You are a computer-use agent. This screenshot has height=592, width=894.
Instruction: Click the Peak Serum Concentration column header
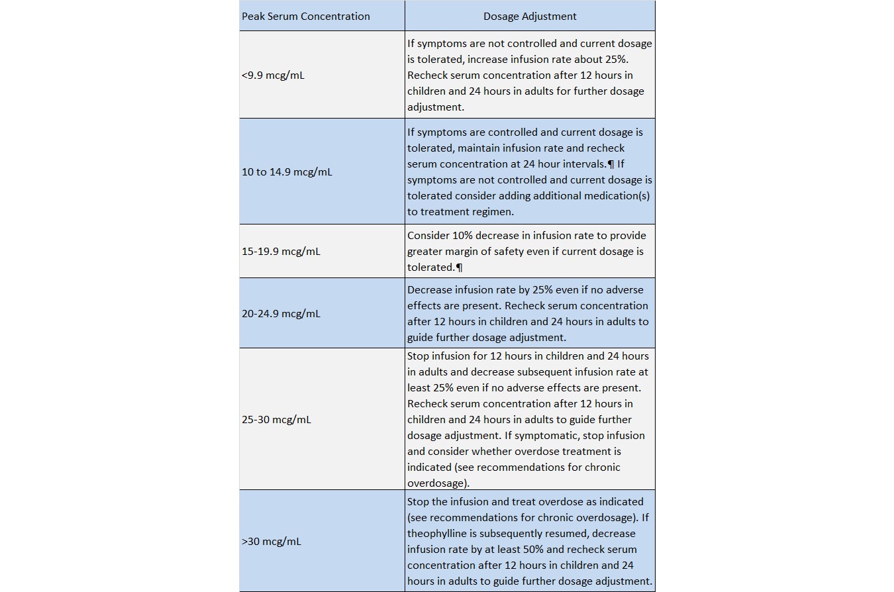pos(305,17)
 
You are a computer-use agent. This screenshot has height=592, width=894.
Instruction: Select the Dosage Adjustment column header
pos(530,17)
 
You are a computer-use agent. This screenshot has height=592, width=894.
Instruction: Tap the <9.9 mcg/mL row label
pos(273,75)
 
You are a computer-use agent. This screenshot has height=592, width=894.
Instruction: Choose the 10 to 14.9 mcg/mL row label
pos(287,172)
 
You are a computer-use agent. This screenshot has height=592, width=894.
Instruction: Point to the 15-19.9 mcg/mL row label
pos(281,252)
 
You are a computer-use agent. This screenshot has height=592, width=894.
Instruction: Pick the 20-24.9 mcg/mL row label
pos(281,314)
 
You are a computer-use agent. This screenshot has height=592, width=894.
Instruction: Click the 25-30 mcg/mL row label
pos(276,420)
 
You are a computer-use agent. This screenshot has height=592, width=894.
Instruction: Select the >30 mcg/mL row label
pos(271,542)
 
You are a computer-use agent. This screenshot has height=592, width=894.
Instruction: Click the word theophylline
pos(439,534)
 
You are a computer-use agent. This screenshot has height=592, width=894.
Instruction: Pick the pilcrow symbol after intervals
pos(611,164)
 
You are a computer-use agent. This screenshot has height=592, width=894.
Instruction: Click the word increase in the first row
pos(489,60)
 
